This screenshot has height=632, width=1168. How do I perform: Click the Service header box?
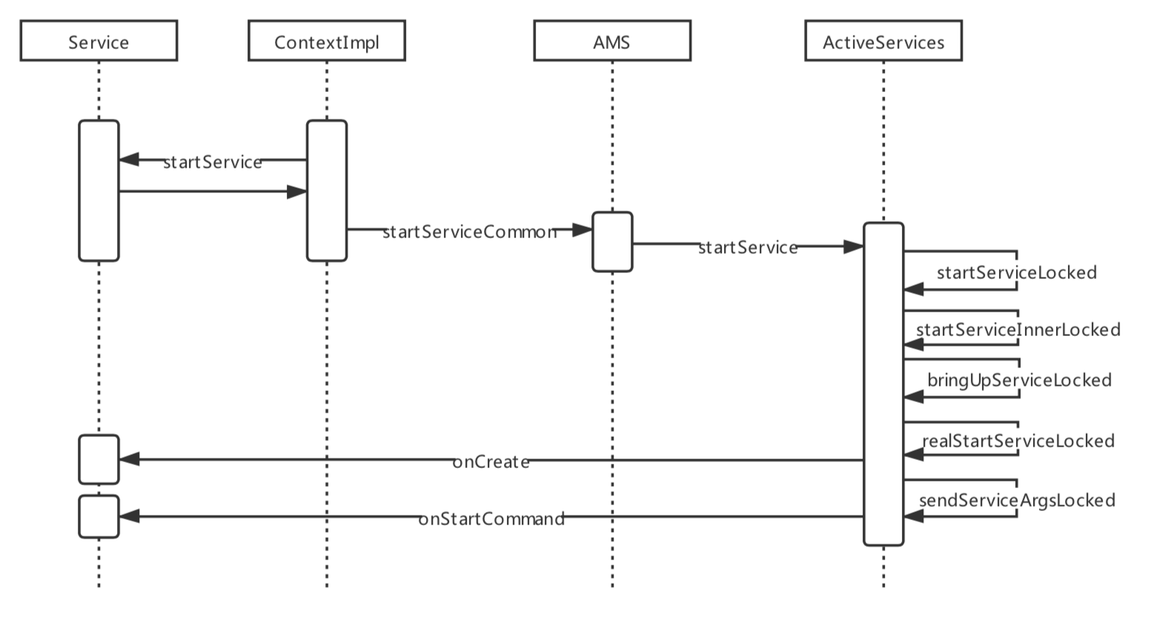[x=99, y=41]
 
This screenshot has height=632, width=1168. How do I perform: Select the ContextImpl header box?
[x=326, y=41]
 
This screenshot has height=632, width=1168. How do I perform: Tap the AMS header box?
[x=612, y=41]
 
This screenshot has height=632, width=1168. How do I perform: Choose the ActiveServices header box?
[x=883, y=41]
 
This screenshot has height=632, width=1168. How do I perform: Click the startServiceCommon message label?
[x=469, y=232]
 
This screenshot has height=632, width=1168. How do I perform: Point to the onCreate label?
[x=491, y=462]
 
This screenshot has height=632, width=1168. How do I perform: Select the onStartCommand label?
[x=491, y=519]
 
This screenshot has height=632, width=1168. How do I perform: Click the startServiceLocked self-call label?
[x=1016, y=272]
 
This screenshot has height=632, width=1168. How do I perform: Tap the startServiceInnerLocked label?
[x=1018, y=329]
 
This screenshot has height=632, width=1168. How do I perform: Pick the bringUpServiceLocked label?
[x=1019, y=380]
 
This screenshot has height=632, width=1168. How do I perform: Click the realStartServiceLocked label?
[x=1018, y=441]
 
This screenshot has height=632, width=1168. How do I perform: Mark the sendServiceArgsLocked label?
[x=1017, y=500]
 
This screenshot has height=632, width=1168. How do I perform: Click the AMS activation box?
[x=612, y=242]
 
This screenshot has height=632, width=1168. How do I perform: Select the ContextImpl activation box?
[x=327, y=191]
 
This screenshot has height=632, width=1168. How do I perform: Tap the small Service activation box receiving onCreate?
[x=99, y=459]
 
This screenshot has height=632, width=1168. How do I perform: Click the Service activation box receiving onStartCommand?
[x=99, y=516]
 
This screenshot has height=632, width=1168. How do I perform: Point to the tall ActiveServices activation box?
[x=883, y=384]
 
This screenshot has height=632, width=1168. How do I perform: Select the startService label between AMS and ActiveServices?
[x=748, y=248]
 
